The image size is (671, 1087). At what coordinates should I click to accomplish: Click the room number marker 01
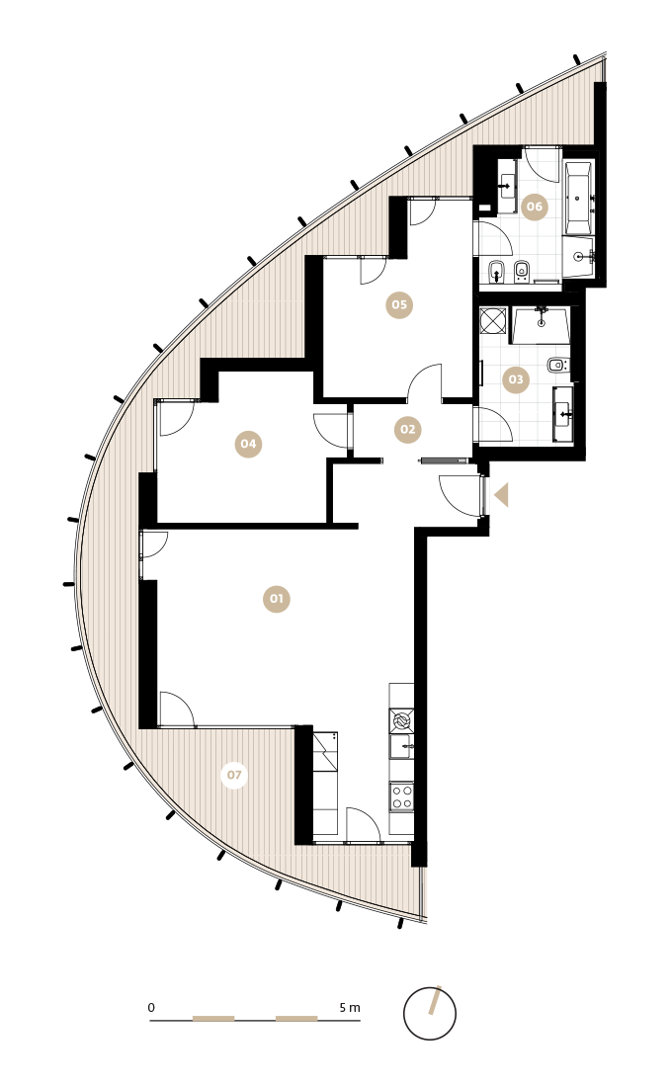click(x=277, y=599)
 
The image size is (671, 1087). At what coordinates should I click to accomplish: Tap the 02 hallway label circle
click(x=407, y=429)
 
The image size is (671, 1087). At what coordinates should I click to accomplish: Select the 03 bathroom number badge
click(x=516, y=379)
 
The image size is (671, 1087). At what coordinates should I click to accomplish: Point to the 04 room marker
click(x=248, y=444)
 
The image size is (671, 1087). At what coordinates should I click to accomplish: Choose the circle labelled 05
click(x=399, y=304)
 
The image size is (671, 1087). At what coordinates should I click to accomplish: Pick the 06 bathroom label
click(x=535, y=206)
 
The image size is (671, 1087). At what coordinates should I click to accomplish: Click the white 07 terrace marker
click(x=234, y=775)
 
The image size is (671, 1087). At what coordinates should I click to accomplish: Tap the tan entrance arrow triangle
click(x=501, y=495)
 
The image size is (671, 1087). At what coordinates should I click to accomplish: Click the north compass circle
click(x=430, y=1014)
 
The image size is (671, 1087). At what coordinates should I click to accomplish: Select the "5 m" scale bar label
click(x=350, y=1007)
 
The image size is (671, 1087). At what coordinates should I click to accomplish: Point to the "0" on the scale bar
click(x=151, y=1007)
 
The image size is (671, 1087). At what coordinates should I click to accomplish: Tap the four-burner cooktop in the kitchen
click(x=401, y=796)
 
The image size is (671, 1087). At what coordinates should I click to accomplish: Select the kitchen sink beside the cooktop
click(x=401, y=747)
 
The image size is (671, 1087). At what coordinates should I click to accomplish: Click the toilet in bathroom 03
click(x=556, y=365)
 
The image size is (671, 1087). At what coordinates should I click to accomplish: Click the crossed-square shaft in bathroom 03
click(x=493, y=321)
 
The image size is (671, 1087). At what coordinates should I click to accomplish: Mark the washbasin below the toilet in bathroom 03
click(x=563, y=414)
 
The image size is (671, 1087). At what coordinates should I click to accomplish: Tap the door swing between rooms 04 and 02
click(x=330, y=431)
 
